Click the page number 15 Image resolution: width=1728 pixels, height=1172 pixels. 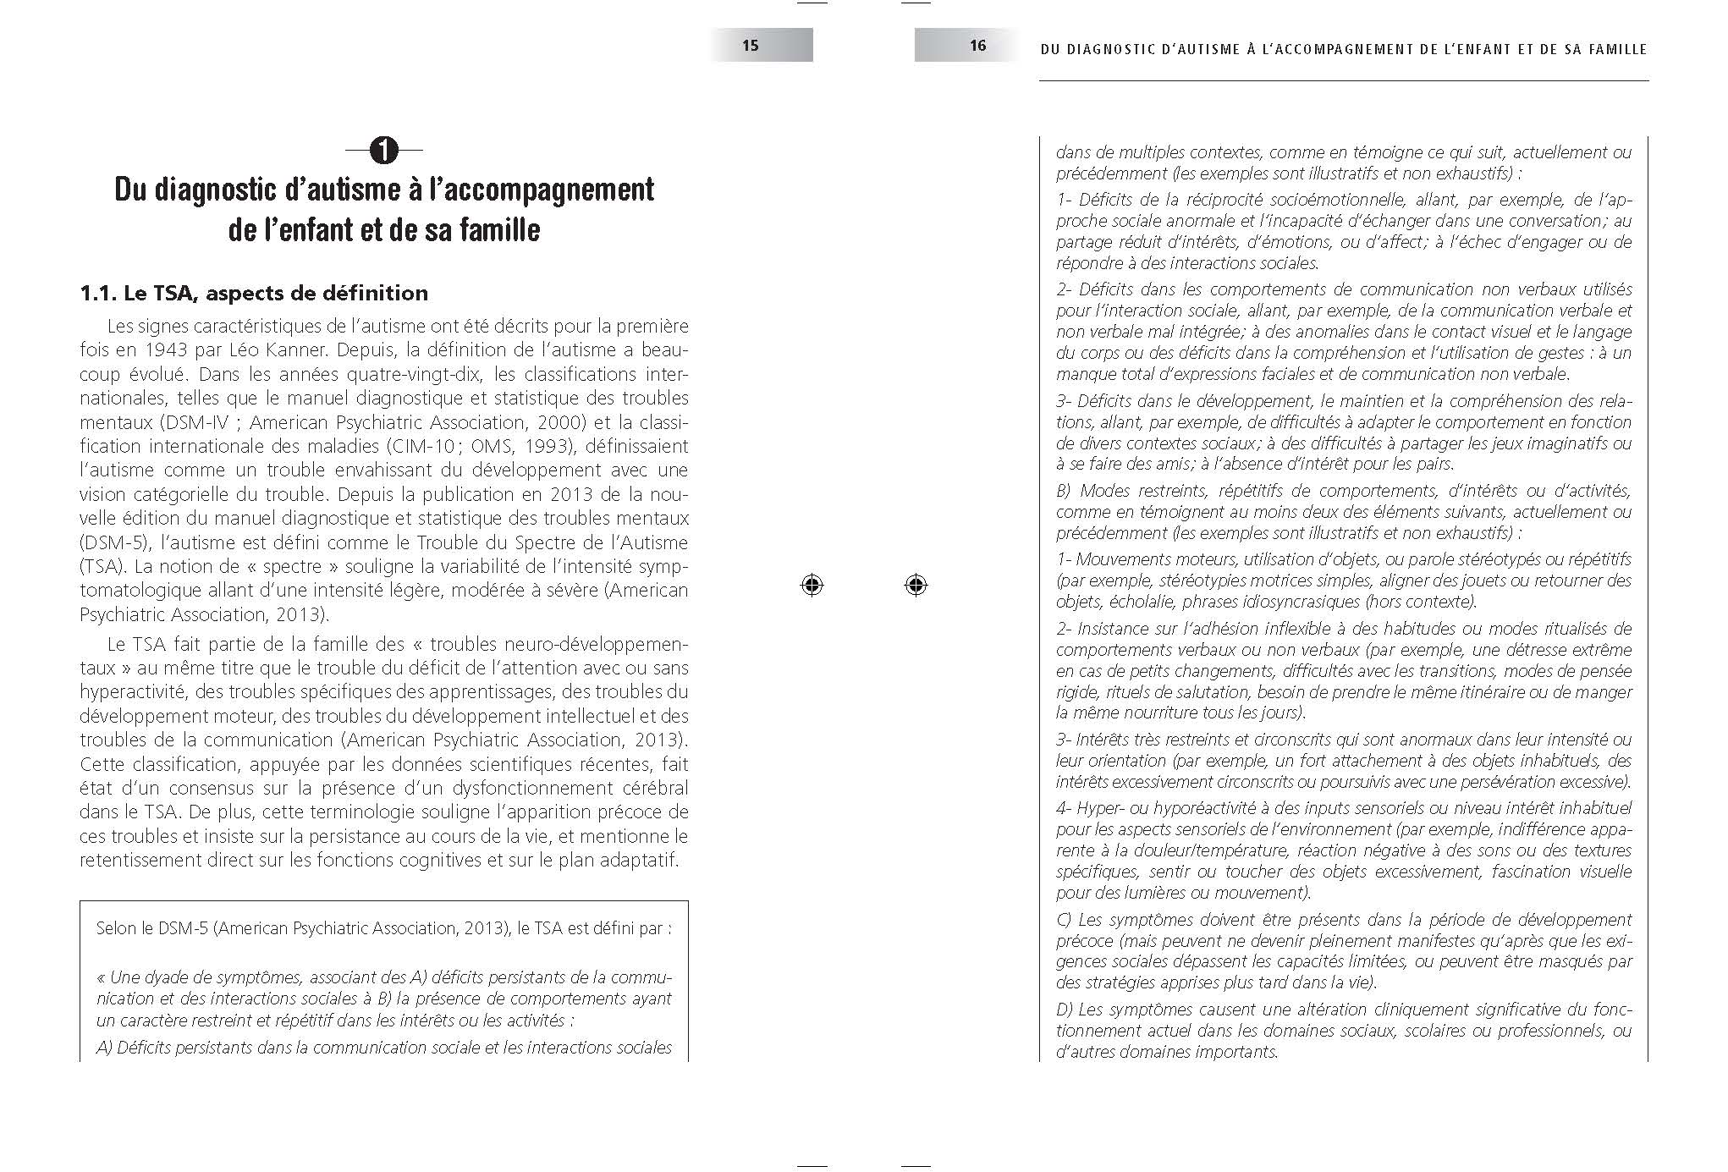tap(751, 46)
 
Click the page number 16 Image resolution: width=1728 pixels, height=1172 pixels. tap(977, 46)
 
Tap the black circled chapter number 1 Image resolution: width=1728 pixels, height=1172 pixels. tap(384, 151)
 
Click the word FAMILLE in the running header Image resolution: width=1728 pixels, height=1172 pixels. tap(1615, 49)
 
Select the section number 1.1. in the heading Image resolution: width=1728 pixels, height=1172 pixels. tap(98, 294)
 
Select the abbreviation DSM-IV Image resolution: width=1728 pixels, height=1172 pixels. tap(195, 422)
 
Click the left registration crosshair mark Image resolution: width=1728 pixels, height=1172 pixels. tap(812, 585)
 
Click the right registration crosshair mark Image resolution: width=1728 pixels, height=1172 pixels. tap(916, 585)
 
